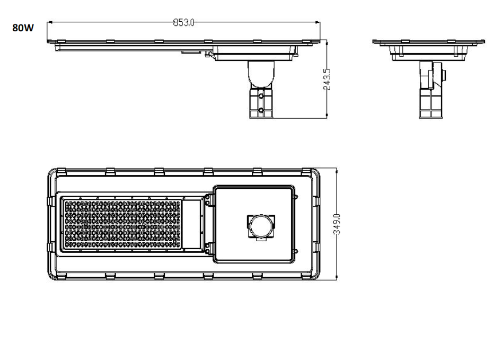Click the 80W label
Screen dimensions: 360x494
[x=23, y=27]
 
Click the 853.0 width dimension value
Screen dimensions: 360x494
[x=184, y=22]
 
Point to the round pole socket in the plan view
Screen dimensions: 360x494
[x=260, y=225]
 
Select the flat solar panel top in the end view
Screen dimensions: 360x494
[x=428, y=41]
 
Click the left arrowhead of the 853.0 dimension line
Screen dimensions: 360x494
[x=50, y=22]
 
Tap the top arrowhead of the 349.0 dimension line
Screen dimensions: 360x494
[x=338, y=170]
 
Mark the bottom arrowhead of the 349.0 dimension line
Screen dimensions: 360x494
[x=338, y=279]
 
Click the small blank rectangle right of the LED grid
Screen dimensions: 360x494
[x=193, y=224]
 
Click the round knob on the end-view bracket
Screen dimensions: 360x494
[x=443, y=74]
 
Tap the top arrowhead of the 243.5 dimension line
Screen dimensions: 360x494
[x=327, y=42]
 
